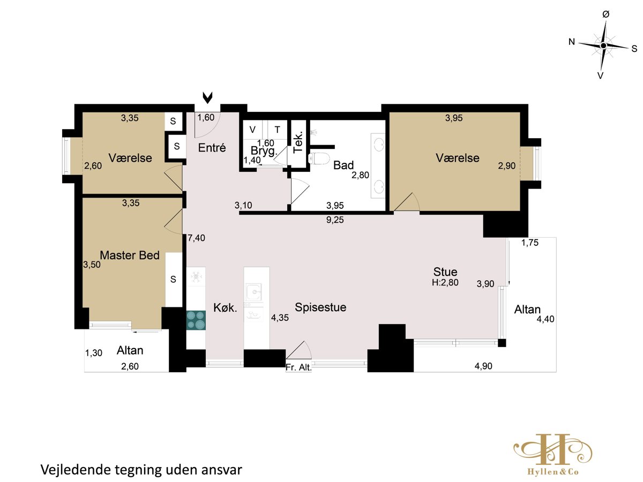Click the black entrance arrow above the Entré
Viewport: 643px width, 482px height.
point(207,98)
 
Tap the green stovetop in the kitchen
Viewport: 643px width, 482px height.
point(196,320)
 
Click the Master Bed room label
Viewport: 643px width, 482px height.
point(130,255)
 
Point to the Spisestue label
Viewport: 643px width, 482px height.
point(320,307)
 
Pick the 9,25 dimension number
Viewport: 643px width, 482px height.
point(335,220)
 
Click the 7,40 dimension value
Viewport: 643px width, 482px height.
point(196,238)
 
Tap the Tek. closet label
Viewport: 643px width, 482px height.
point(297,142)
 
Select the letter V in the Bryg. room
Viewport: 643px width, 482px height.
point(252,130)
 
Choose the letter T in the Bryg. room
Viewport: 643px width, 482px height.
point(277,130)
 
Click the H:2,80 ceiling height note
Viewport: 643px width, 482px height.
point(445,282)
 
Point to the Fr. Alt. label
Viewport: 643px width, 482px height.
point(298,367)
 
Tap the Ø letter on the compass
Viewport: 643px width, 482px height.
point(606,14)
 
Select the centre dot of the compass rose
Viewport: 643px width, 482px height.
point(603,46)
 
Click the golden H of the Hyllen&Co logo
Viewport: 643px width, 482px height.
point(552,453)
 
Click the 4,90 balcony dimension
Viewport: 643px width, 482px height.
point(483,366)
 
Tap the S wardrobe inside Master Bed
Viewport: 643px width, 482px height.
point(174,280)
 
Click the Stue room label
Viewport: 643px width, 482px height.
point(445,272)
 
